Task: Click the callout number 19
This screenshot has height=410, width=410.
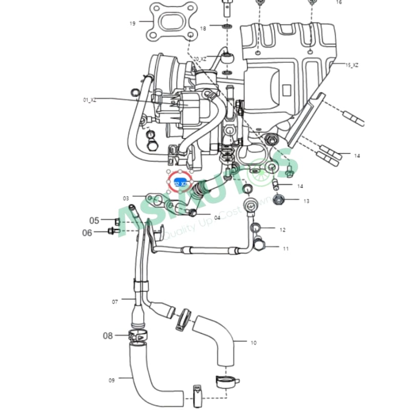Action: pos(132,23)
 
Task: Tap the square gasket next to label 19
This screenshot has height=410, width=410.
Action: pos(170,22)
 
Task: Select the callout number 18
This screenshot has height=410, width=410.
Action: pos(203,28)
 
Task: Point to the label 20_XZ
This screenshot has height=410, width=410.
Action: pos(200,59)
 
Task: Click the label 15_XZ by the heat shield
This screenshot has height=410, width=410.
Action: pos(352,65)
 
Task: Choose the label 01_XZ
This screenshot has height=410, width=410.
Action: pos(90,100)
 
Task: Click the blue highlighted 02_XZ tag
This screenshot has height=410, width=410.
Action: pos(180,183)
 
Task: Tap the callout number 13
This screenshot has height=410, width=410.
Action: pos(306,201)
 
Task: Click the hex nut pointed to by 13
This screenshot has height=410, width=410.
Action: pos(279,199)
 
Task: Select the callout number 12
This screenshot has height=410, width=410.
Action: pos(282,230)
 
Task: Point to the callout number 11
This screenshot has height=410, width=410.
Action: pos(286,249)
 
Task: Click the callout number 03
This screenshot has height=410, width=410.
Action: pos(126,198)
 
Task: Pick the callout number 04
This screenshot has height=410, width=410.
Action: pos(217,218)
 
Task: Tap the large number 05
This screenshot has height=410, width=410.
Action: pos(94,221)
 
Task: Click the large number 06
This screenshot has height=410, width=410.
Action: pos(88,233)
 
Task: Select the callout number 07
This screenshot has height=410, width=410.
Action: pos(115,302)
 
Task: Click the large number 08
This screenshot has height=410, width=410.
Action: pos(108,336)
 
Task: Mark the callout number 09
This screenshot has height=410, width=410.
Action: pos(112,380)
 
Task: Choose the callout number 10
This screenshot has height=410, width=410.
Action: pos(253,343)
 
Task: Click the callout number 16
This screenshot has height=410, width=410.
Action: pos(339,3)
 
